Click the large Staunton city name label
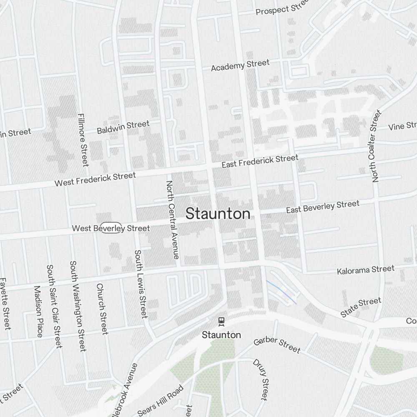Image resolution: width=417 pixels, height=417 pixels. click(x=218, y=214)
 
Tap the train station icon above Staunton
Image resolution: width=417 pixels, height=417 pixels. click(x=221, y=322)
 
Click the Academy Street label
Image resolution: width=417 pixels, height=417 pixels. click(x=240, y=65)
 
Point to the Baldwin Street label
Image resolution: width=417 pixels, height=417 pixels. click(x=123, y=127)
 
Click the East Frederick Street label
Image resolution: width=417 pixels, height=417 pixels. click(x=260, y=161)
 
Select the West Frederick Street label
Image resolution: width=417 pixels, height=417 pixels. click(x=95, y=179)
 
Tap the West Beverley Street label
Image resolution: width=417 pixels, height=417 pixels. click(x=111, y=228)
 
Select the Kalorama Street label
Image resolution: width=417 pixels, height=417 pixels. click(x=365, y=270)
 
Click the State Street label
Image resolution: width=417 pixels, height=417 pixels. click(x=360, y=307)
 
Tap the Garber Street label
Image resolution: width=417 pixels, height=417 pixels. click(x=277, y=345)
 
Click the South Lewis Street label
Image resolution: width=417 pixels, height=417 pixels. click(x=141, y=284)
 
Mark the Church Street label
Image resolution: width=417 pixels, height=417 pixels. click(x=102, y=309)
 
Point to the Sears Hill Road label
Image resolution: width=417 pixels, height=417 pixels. click(x=161, y=400)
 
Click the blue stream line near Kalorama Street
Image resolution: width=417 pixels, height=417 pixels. click(x=281, y=292)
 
